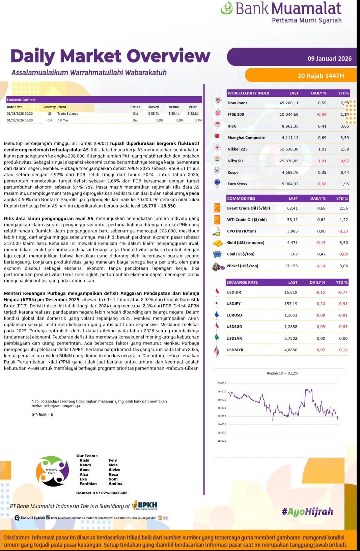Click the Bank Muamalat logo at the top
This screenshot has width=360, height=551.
(281, 12)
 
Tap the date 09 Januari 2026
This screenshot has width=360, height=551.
(329, 58)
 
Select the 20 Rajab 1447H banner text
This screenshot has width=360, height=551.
(321, 76)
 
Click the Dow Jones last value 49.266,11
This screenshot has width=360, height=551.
(289, 103)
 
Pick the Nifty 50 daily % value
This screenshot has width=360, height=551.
(321, 161)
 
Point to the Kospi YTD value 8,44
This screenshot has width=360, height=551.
(344, 172)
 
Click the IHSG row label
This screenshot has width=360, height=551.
(232, 126)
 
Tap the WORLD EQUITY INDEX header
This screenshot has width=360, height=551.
(248, 93)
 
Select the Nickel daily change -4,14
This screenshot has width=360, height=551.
(321, 266)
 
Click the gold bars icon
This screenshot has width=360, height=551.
(218, 243)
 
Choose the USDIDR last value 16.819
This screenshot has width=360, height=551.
(291, 292)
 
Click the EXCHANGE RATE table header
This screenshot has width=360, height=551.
(242, 282)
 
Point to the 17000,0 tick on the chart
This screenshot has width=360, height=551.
(222, 383)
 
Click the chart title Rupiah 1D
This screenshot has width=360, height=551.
(282, 373)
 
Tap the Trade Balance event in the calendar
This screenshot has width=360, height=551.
(67, 114)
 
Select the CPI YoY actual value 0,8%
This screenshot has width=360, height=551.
(179, 120)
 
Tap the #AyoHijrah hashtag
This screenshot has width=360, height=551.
(307, 512)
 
